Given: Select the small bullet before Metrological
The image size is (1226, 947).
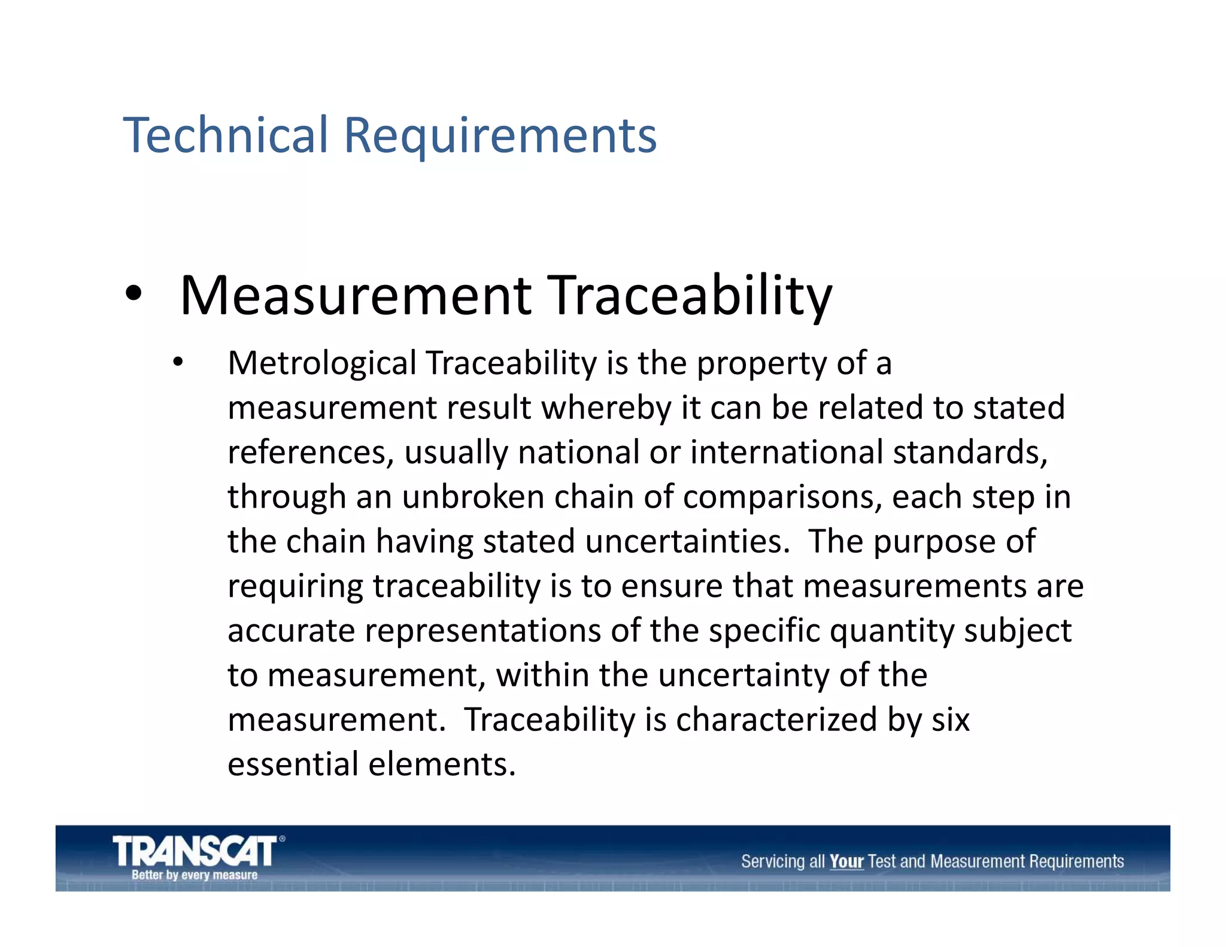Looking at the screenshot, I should pos(177,362).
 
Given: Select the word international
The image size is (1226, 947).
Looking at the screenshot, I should pos(786,452).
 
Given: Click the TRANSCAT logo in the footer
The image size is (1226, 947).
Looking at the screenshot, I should pos(195,851).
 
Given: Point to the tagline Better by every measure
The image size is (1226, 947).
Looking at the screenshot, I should pos(195,875).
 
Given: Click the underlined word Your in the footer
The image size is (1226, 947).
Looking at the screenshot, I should pos(846,861).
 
